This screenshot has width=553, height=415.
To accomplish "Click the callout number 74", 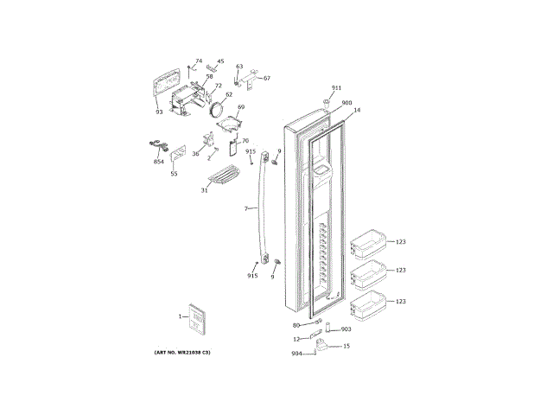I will tap(199, 61).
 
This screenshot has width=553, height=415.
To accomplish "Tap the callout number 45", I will tap(219, 61).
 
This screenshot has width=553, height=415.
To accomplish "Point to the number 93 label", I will tap(159, 112).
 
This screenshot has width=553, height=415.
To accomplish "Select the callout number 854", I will tap(159, 162).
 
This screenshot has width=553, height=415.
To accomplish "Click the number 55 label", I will tap(174, 174).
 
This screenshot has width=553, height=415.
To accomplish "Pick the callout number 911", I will tap(336, 88).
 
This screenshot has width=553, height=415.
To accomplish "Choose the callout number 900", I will tap(346, 103).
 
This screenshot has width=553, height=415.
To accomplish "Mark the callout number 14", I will tap(357, 111).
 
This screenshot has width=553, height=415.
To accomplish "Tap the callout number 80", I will tap(296, 325).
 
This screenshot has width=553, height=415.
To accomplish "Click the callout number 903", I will tap(346, 329).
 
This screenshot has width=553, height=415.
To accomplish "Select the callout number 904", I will tap(296, 354).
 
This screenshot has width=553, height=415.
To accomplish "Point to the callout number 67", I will tap(266, 79).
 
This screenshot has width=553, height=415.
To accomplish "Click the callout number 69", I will tap(241, 107).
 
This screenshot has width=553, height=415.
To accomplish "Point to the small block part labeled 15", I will tap(321, 346).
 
